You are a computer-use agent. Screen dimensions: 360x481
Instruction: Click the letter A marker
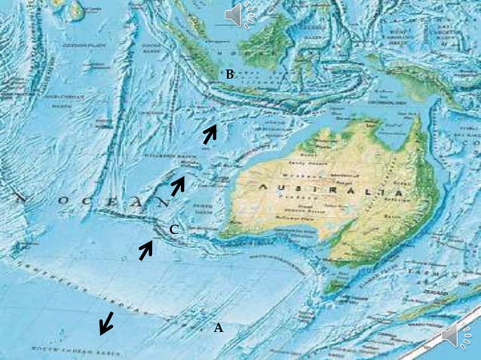click(219, 328)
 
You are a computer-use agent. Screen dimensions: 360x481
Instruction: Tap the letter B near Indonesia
click(230, 74)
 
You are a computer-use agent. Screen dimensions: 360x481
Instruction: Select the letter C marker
click(173, 230)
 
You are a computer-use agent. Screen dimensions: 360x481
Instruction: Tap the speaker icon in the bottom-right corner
click(453, 337)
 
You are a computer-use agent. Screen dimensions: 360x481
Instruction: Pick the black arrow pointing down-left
click(107, 322)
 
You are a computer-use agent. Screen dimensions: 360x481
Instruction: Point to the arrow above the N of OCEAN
click(178, 185)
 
